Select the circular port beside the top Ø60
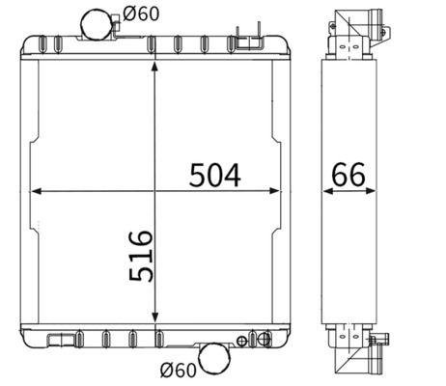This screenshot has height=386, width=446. click(x=96, y=21)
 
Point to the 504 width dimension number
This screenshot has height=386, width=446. click(x=213, y=175)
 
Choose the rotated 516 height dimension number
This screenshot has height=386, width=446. click(x=140, y=255)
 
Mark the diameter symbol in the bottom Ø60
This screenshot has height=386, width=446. click(x=166, y=368)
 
